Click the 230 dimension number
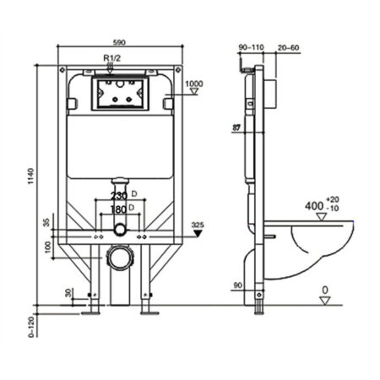118,195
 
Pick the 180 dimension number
118,208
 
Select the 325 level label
199,224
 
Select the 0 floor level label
324,290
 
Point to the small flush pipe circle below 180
121,229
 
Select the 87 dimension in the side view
236,128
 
